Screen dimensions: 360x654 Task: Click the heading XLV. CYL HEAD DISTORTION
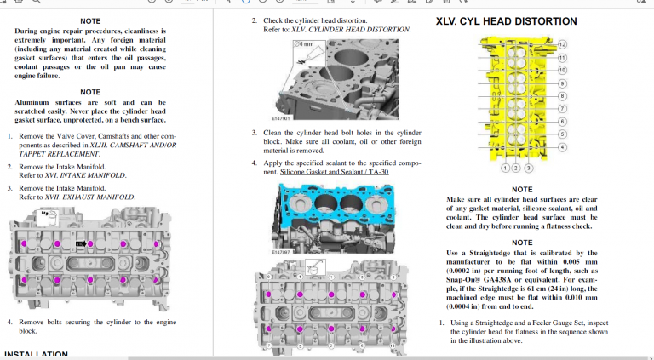(506, 21)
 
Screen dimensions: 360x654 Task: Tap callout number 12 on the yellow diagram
(562, 43)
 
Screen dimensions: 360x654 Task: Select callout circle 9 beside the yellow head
(562, 83)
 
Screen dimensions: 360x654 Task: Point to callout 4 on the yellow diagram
(562, 146)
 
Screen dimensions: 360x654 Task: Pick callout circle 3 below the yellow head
(528, 168)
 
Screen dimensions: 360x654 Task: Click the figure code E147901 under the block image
(280, 118)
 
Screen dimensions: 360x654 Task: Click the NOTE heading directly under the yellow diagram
(522, 189)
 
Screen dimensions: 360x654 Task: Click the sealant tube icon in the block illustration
(301, 60)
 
